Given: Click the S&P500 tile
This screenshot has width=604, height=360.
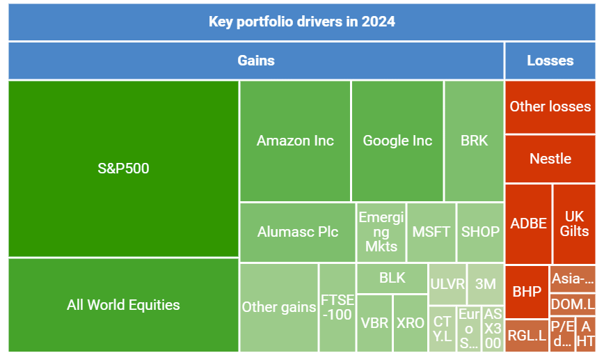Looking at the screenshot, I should [x=123, y=169].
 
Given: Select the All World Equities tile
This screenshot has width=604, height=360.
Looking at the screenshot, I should [x=123, y=305].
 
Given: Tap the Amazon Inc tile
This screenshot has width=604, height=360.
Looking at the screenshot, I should [x=295, y=141].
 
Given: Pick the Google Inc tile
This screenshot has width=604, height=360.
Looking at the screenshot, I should [x=397, y=141].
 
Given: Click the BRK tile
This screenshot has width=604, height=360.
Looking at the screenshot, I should [x=474, y=141].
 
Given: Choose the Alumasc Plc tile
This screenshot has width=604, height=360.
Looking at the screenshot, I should [x=297, y=232].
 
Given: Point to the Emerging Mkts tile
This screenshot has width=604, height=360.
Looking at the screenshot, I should [x=381, y=232].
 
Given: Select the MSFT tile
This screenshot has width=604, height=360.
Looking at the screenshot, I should [x=431, y=232].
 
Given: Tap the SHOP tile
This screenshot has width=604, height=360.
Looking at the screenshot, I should [x=480, y=232].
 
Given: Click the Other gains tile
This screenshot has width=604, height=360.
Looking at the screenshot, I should [x=278, y=307].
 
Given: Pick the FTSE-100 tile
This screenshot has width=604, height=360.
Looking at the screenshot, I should [x=337, y=307].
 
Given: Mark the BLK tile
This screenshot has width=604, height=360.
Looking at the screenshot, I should [x=392, y=278].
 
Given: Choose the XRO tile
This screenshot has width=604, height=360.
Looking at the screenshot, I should [x=411, y=323].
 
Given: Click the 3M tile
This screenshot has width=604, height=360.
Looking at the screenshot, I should [x=485, y=283].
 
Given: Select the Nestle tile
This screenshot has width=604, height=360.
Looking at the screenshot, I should [x=550, y=159].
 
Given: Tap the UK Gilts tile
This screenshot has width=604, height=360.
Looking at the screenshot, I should [x=574, y=224].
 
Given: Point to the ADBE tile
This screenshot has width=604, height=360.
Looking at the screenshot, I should [x=528, y=224].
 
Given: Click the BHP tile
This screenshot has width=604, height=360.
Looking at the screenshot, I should [x=526, y=292].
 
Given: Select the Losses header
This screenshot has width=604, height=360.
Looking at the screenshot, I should [x=550, y=61].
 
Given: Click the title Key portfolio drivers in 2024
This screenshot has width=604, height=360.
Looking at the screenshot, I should [x=301, y=22].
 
